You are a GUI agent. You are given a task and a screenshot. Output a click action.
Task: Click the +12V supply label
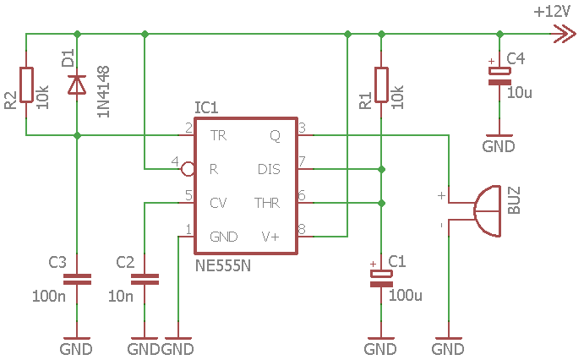(x=552, y=12)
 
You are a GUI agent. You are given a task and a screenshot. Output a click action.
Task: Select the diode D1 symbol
(x=77, y=85)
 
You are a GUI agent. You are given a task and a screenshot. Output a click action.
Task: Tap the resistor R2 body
(x=26, y=85)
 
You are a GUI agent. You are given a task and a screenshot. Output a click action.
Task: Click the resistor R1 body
(x=381, y=85)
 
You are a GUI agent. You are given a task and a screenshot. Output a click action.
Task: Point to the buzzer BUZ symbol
(x=487, y=211)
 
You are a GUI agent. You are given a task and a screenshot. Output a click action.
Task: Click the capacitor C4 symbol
(x=499, y=76)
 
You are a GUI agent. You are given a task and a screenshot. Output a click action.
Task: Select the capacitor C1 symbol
(x=381, y=279)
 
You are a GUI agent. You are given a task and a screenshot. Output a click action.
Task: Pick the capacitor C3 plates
(x=77, y=279)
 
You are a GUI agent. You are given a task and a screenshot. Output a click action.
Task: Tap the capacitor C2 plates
(x=145, y=279)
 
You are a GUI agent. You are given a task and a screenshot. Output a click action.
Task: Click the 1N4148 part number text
(x=103, y=91)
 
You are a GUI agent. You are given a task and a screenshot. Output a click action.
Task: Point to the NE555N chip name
(x=223, y=266)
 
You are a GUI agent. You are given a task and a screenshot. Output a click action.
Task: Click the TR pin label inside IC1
(x=218, y=135)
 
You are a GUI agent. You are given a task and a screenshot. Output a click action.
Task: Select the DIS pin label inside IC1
(x=269, y=169)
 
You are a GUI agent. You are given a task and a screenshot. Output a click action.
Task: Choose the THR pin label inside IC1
(x=267, y=203)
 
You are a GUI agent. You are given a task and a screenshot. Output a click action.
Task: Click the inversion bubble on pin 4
(x=188, y=169)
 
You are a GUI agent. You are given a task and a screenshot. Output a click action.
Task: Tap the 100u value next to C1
(x=406, y=295)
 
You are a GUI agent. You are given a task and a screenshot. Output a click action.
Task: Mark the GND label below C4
(x=499, y=146)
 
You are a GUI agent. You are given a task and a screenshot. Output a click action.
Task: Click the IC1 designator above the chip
(x=206, y=107)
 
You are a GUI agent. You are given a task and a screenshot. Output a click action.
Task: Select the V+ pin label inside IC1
(x=270, y=237)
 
